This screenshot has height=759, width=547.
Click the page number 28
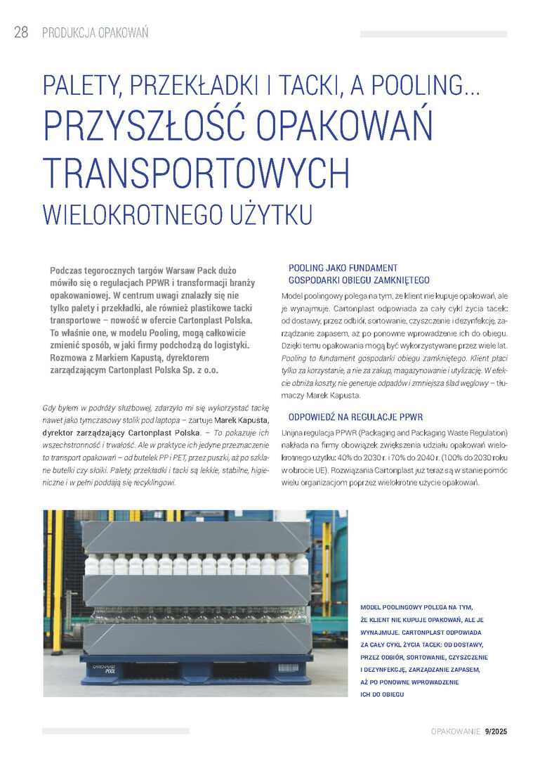point(21,33)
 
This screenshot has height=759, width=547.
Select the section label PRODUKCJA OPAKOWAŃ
point(95,33)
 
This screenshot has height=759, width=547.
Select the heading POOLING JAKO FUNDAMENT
point(343,268)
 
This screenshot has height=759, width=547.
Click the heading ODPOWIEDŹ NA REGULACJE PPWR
point(355,417)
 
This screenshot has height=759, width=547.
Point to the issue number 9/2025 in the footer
point(496,732)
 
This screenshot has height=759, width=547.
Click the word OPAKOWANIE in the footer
point(456,732)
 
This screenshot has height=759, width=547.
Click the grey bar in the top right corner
point(433,34)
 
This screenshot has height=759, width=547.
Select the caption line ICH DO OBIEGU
point(382,695)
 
